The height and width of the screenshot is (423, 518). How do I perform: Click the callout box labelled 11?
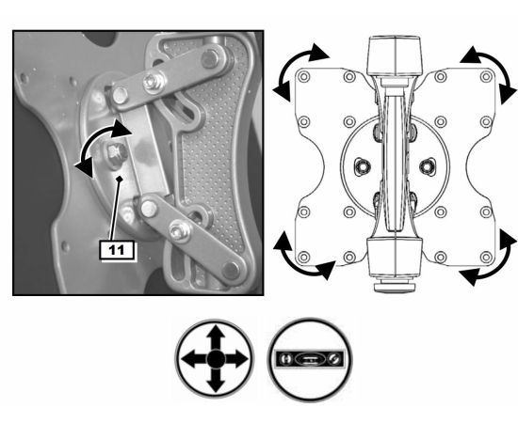pyautogui.click(x=118, y=250)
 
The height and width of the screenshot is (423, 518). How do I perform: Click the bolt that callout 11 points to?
pyautogui.click(x=117, y=153)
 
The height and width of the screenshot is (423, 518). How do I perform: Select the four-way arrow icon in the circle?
pyautogui.click(x=215, y=359)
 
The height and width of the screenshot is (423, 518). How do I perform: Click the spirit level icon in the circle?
pyautogui.click(x=310, y=359)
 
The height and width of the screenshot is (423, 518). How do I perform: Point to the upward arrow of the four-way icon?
pyautogui.click(x=216, y=337)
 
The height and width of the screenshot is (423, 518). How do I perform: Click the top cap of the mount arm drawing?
pyautogui.click(x=396, y=57)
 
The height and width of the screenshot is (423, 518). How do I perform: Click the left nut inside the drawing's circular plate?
pyautogui.click(x=363, y=167)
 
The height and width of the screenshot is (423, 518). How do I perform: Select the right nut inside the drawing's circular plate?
pyautogui.click(x=428, y=167)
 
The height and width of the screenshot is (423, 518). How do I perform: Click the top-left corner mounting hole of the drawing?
pyautogui.click(x=304, y=77)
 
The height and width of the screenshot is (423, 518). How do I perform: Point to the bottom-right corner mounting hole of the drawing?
pyautogui.click(x=486, y=257)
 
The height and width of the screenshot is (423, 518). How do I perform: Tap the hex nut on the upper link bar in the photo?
pyautogui.click(x=154, y=82)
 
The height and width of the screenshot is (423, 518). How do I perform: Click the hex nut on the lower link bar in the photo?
pyautogui.click(x=179, y=231)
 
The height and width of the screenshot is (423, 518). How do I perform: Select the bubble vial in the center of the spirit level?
pyautogui.click(x=310, y=359)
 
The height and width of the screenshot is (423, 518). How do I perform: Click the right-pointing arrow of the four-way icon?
pyautogui.click(x=236, y=359)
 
